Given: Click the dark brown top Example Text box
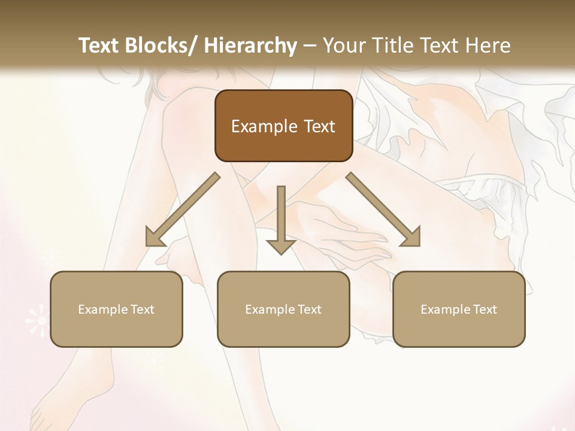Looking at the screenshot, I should click(283, 126).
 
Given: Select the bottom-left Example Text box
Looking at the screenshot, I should click(116, 309).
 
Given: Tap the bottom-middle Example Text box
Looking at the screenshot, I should click(283, 309).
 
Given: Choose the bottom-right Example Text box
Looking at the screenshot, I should click(459, 309).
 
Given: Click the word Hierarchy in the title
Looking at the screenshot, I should click(250, 45).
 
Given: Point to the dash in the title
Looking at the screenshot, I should click(310, 46).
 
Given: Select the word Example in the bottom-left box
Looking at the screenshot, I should click(103, 309).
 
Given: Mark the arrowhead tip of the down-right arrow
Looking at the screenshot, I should click(419, 245).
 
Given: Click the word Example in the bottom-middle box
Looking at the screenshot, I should click(270, 309).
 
